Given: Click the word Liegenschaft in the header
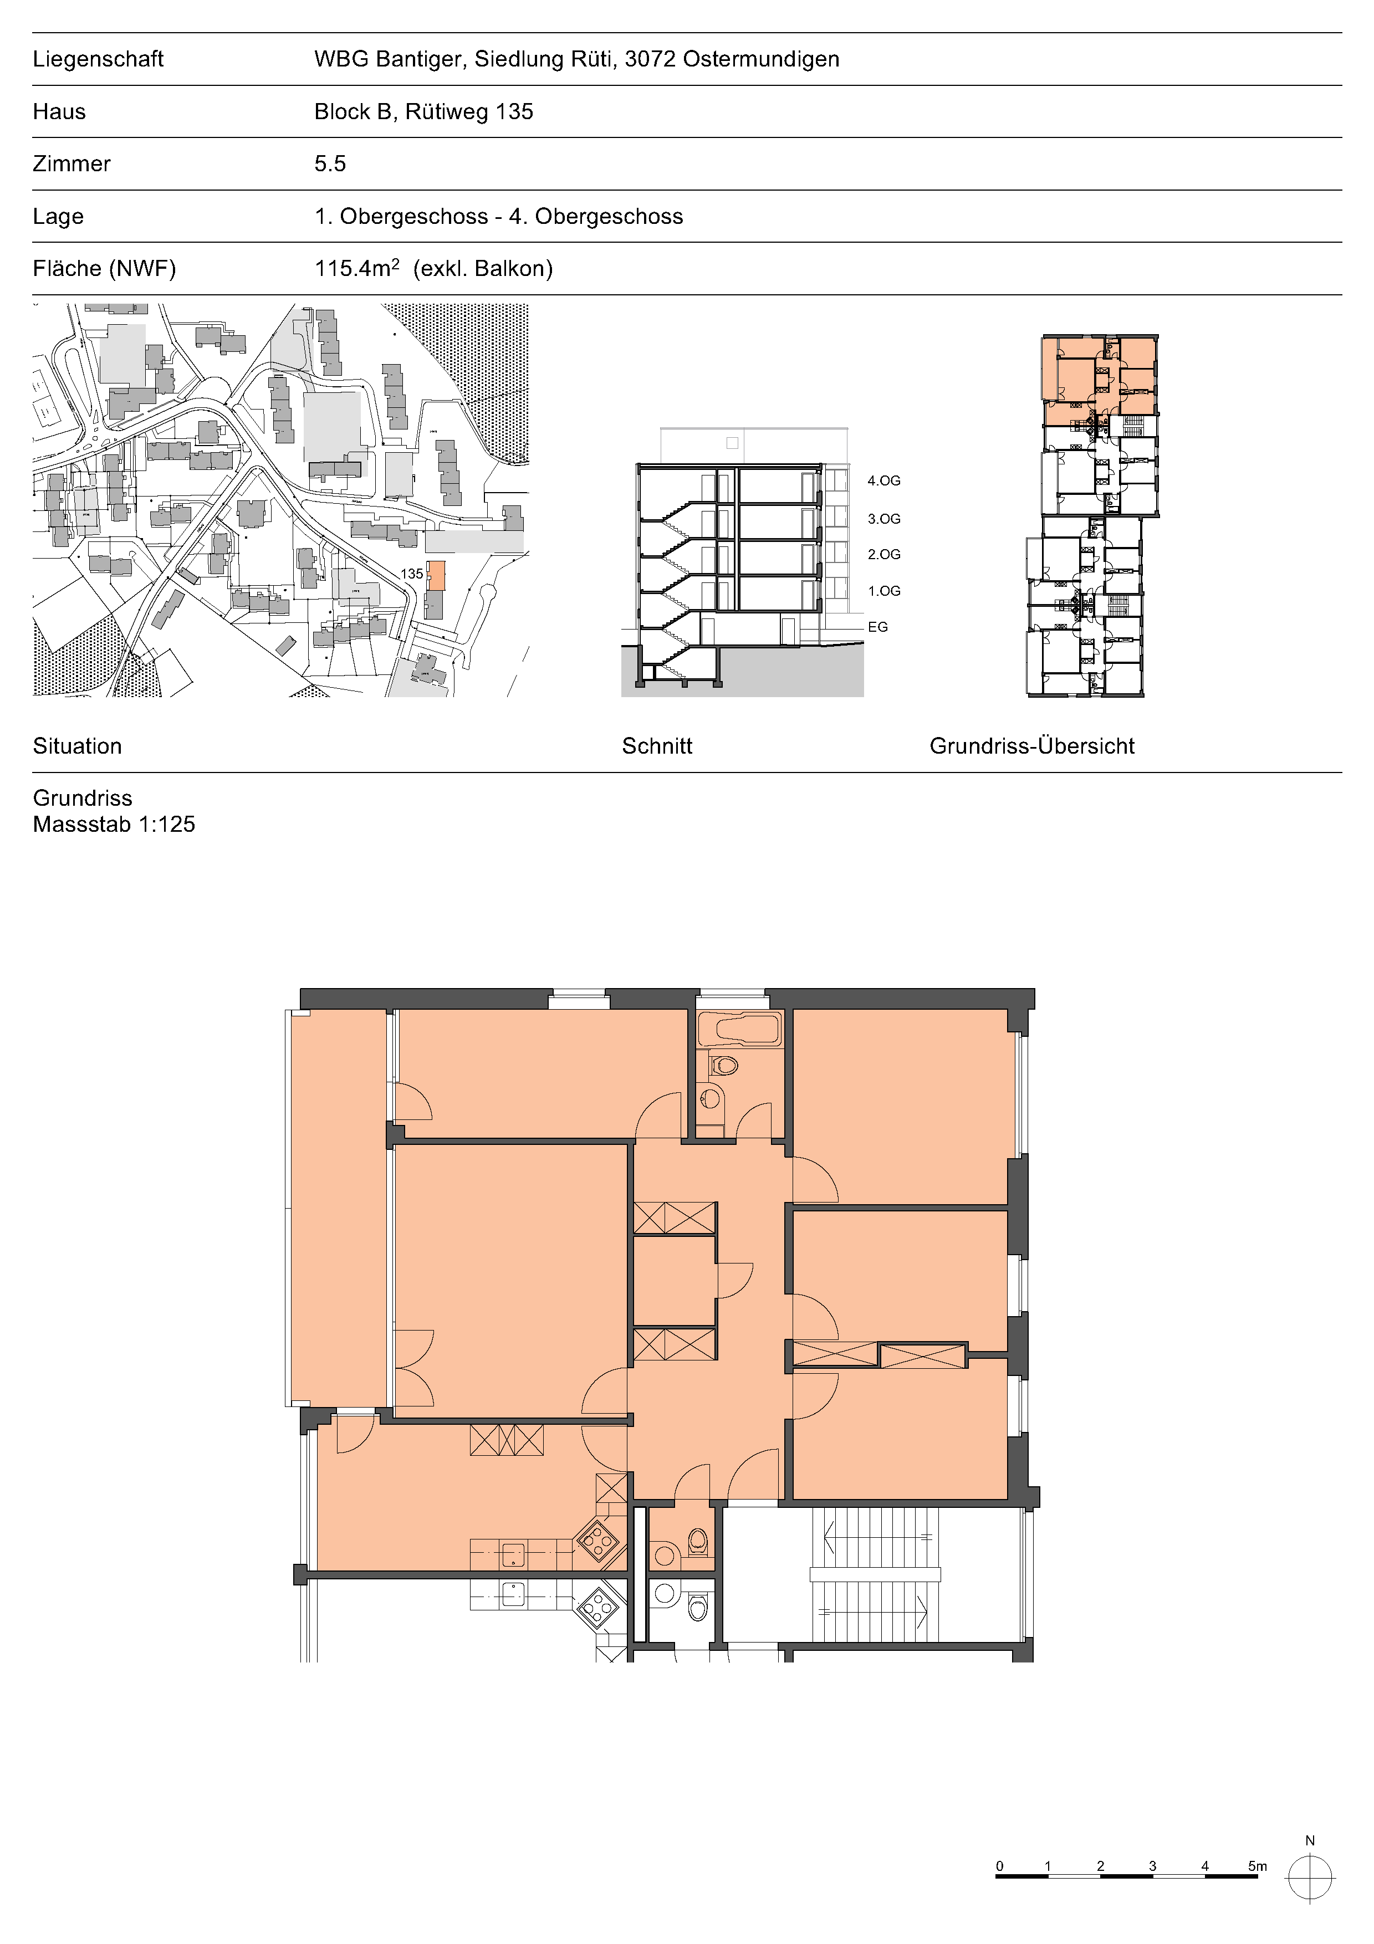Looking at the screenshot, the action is pos(98,59).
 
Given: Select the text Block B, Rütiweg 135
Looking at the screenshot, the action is pos(423,112).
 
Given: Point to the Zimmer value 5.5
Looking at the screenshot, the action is pos(330,163).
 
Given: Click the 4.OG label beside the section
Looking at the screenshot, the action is pos(884,481).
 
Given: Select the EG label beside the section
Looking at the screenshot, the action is pos(878,627).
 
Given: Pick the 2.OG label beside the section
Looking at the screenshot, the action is pos(884,555).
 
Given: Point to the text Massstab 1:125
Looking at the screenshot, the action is pos(114,824).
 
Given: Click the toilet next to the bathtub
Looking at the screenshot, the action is pos(723,1065).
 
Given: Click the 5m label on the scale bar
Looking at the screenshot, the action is pos(1257,1866).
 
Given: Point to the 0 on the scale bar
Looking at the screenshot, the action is pos(1000,1866).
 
